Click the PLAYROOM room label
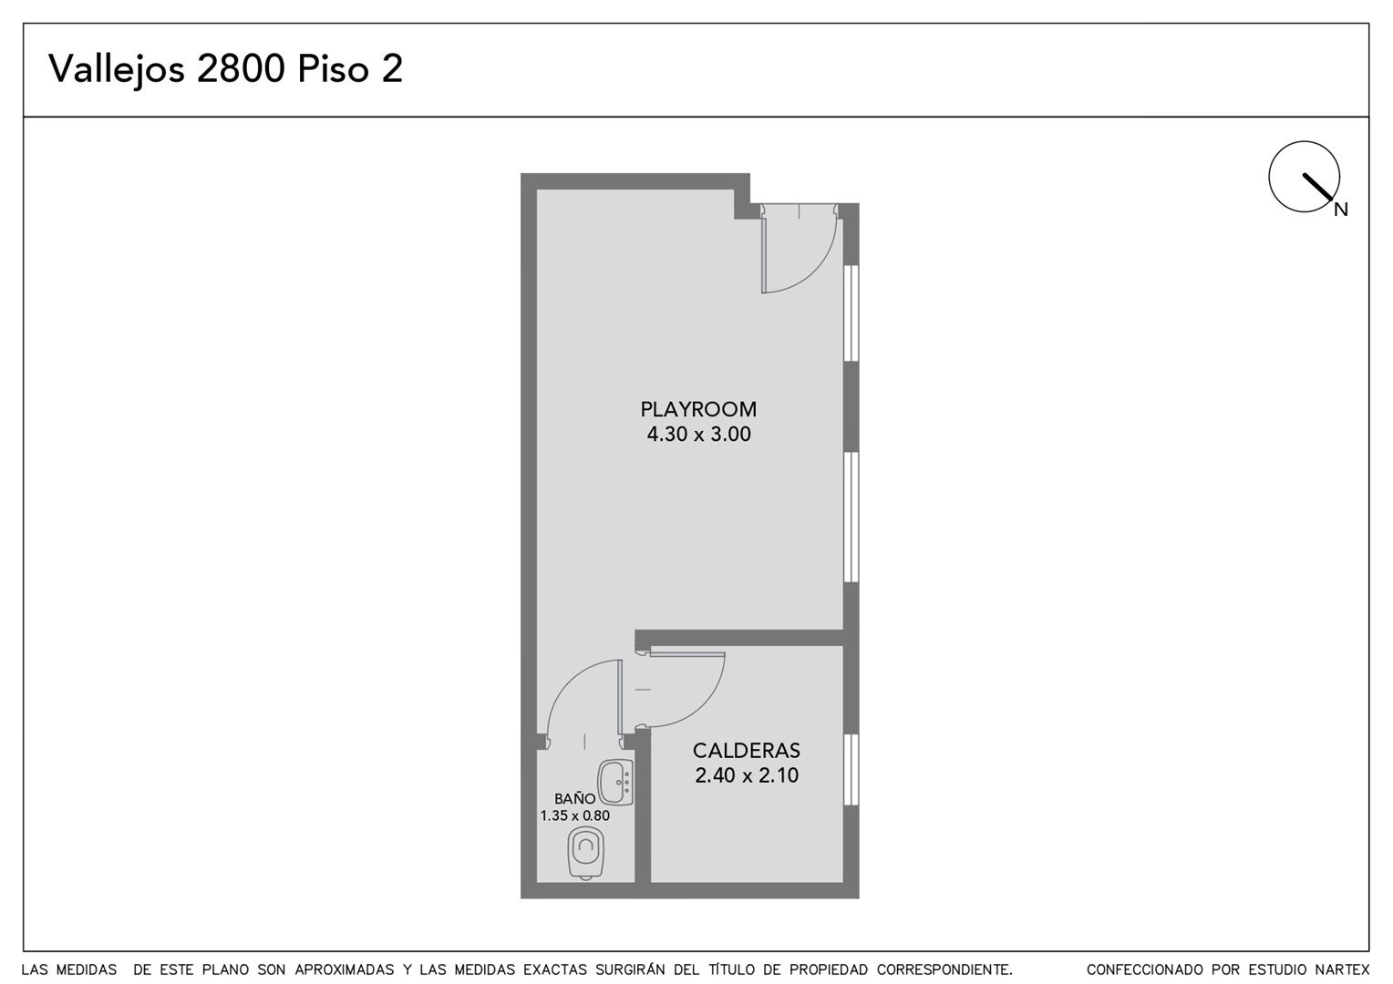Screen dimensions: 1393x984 coord(698,409)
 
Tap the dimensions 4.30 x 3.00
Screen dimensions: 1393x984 coord(698,434)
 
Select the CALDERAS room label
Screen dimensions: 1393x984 coord(747,751)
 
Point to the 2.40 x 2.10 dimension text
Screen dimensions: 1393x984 coord(747,775)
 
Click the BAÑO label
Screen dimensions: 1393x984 coord(574,799)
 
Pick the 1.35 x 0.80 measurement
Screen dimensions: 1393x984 coord(574,815)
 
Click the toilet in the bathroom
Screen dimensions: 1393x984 coord(586,853)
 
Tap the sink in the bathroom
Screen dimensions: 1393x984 coord(615,782)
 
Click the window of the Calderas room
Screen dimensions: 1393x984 coord(851,770)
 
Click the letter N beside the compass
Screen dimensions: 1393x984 coord(1341,210)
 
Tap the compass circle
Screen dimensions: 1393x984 coord(1269,177)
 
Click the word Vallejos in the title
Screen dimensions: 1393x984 coord(117,69)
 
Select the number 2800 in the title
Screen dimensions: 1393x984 coord(241,69)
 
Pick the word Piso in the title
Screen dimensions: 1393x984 coord(334,69)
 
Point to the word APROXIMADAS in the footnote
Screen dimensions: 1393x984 coord(345,969)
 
